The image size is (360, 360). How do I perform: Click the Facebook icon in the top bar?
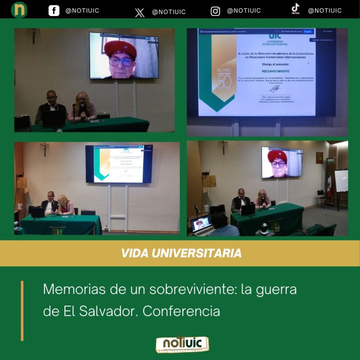pos(54,11)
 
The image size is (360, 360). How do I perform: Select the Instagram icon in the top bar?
pos(215,11)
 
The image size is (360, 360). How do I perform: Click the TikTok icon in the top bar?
pos(295,9)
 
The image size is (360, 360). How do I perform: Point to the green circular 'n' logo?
pos(19,10)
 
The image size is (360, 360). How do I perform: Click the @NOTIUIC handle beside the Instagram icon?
pos(244,11)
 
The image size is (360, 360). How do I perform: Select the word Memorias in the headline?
pos(71,289)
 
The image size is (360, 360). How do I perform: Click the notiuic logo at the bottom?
pos(182,344)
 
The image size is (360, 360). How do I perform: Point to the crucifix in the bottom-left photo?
pos(45,148)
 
